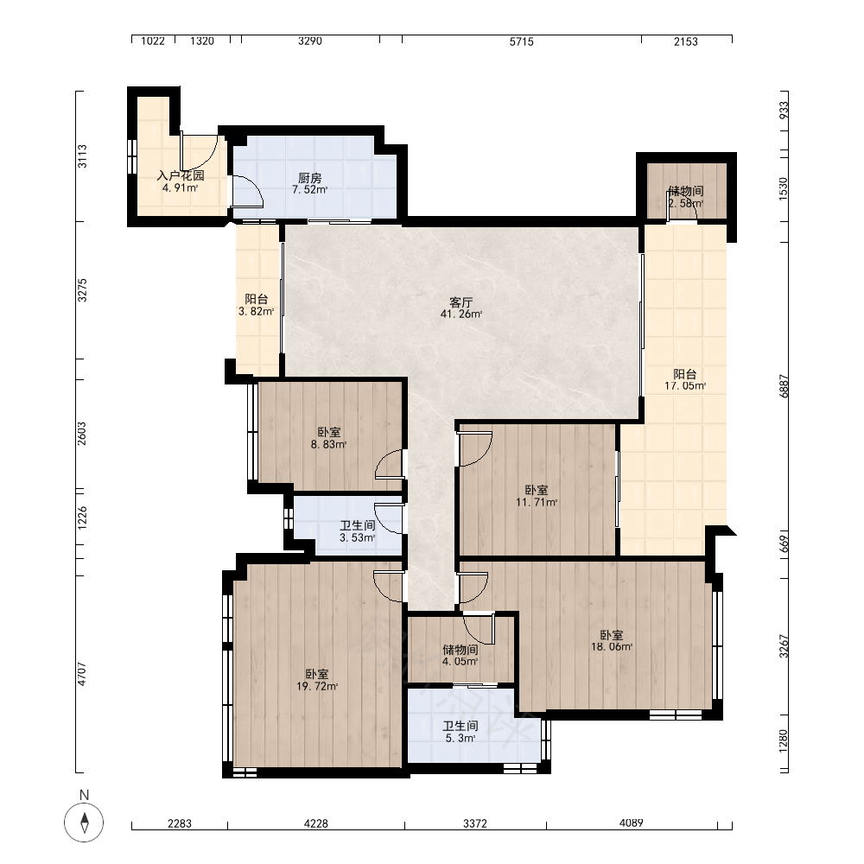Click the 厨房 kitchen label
(309, 178)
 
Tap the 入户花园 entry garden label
(181, 175)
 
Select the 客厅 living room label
(461, 302)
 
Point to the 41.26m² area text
(461, 314)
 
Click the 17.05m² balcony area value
(685, 386)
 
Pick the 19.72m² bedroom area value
(317, 687)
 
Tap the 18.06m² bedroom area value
(612, 647)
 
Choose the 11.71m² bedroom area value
(537, 503)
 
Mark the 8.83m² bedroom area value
(328, 445)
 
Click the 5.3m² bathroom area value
(461, 739)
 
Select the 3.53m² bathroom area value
(357, 537)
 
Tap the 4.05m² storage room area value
(461, 661)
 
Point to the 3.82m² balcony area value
(257, 311)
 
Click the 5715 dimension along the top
(521, 41)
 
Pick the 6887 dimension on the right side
(785, 385)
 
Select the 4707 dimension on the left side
(82, 674)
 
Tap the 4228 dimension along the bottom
(315, 823)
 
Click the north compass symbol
(85, 823)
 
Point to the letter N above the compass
(85, 795)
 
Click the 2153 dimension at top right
(686, 41)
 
